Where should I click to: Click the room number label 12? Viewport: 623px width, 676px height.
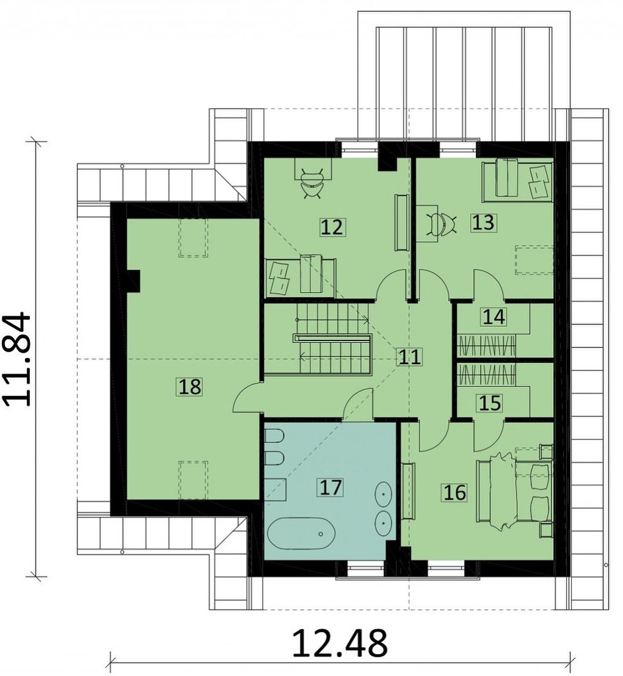pos(332,227)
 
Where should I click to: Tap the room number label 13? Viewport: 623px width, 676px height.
pos(483,223)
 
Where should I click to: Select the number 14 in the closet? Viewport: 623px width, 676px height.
pos(494,317)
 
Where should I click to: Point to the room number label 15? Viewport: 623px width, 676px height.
pos(490,403)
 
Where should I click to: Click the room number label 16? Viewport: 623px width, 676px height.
pos(454,492)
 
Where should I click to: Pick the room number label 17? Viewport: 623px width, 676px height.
pos(330,487)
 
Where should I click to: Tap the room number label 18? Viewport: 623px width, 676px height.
pos(189,386)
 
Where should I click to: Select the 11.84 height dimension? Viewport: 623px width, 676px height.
pos(18,359)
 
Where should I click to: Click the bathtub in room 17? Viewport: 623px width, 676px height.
pos(300,533)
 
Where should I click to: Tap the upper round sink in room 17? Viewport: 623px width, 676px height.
pos(384,493)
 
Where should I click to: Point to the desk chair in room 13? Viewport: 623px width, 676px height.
pos(441,224)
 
